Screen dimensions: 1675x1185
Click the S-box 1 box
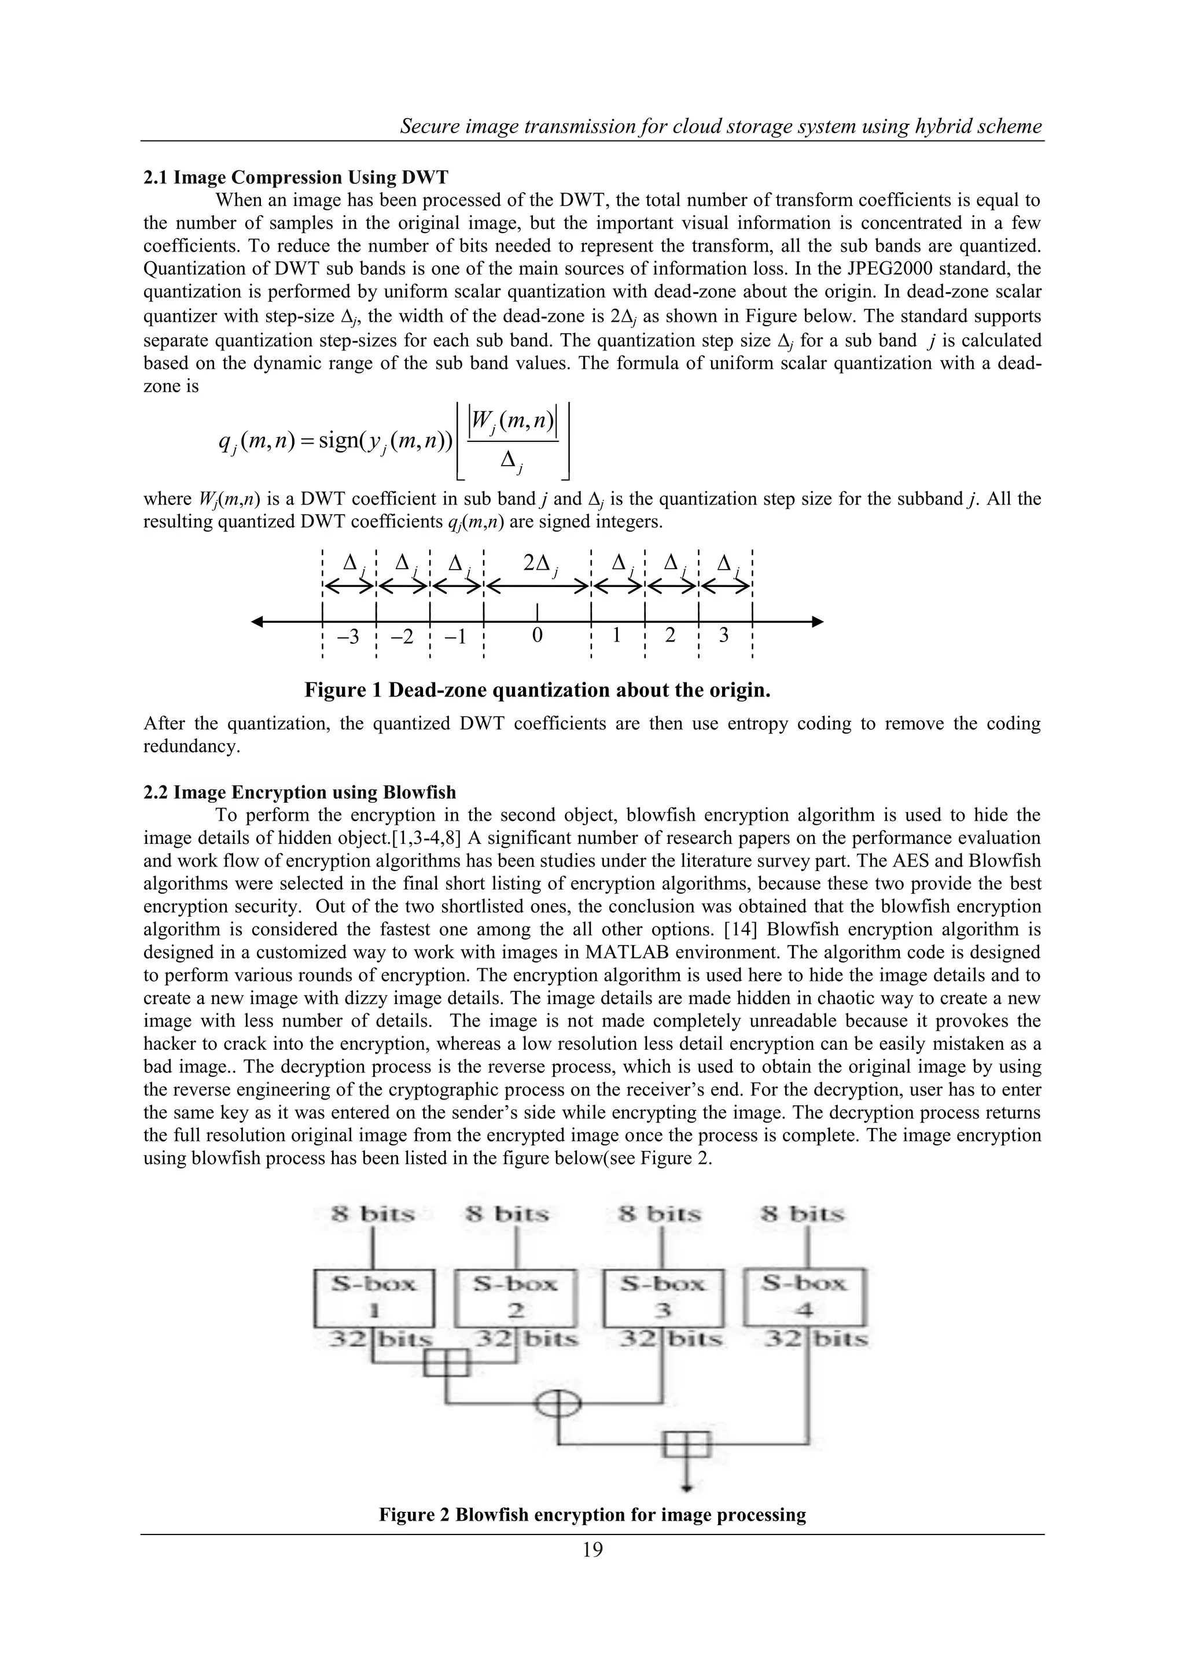(x=374, y=1298)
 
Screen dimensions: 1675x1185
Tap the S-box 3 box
(x=663, y=1298)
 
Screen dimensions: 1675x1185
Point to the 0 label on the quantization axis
(x=536, y=636)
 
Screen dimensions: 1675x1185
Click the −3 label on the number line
(x=349, y=637)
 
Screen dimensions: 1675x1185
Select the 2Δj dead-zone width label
(x=540, y=564)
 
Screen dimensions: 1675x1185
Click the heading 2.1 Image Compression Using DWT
(x=296, y=178)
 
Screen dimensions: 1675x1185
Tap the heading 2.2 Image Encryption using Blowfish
(x=300, y=792)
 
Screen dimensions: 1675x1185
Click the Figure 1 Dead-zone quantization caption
(x=537, y=690)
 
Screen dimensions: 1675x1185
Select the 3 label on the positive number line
(x=724, y=636)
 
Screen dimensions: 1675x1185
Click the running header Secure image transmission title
(x=721, y=126)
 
